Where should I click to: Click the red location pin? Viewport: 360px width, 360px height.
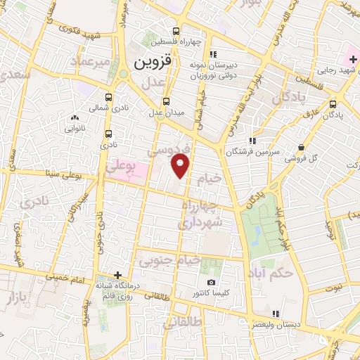181,166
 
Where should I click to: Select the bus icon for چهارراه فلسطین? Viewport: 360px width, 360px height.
176,31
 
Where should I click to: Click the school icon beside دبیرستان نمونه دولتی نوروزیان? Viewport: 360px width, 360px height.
214,54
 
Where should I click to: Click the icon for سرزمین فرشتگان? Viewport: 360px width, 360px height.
252,141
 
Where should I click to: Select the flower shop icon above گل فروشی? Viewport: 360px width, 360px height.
300,148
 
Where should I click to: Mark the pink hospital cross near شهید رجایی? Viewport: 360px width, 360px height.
353,60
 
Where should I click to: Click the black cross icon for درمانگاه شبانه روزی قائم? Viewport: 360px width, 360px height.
117,274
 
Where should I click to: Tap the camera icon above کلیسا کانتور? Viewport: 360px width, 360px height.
212,282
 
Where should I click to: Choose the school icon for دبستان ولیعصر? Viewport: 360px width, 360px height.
276,314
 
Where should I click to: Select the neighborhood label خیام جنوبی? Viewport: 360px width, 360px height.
169,262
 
